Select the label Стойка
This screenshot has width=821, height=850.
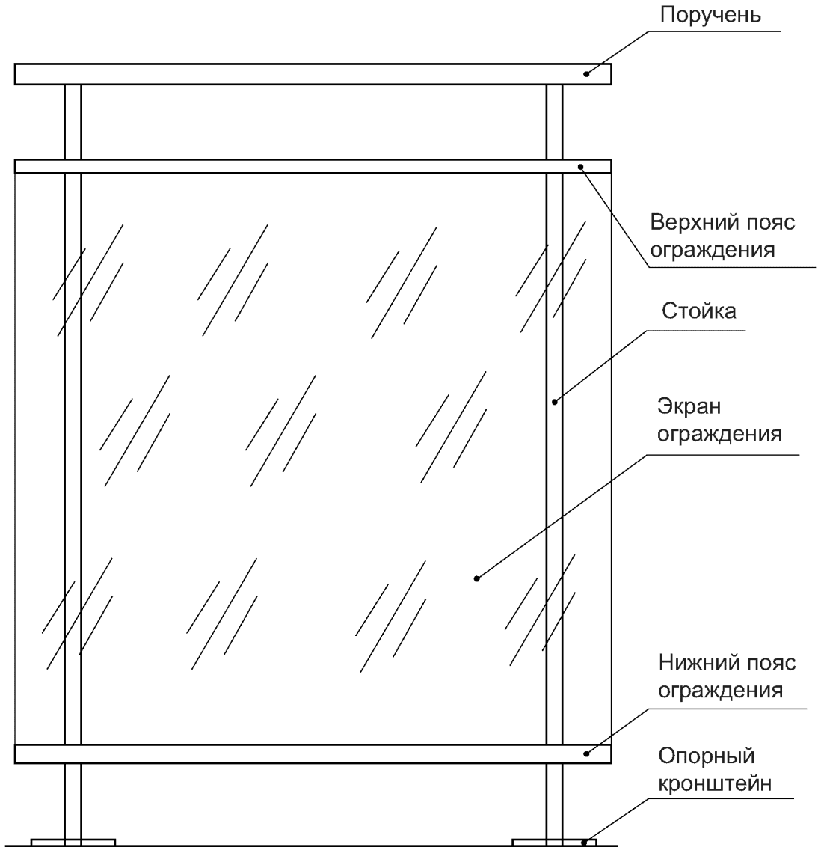point(698,311)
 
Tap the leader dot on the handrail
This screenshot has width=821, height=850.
point(588,73)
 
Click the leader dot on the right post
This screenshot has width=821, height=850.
point(555,402)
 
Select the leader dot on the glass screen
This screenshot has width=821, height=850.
point(476,578)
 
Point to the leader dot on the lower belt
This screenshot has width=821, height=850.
point(588,753)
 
